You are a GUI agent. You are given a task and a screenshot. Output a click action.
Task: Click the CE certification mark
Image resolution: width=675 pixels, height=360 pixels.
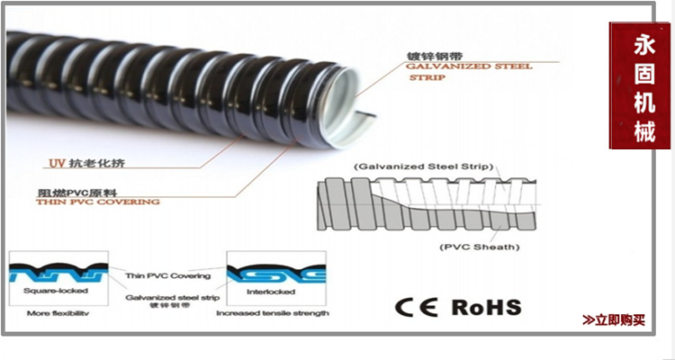click(416, 307)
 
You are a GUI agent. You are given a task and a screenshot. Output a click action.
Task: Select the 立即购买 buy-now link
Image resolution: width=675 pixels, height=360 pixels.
click(614, 319)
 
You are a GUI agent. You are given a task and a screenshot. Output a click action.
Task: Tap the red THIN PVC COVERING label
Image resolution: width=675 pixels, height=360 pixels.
click(97, 202)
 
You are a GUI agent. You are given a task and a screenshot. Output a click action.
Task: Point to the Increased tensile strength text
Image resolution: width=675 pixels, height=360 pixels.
click(272, 313)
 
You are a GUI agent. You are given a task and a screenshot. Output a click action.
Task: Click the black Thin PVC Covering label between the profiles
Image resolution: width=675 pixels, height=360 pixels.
click(168, 275)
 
